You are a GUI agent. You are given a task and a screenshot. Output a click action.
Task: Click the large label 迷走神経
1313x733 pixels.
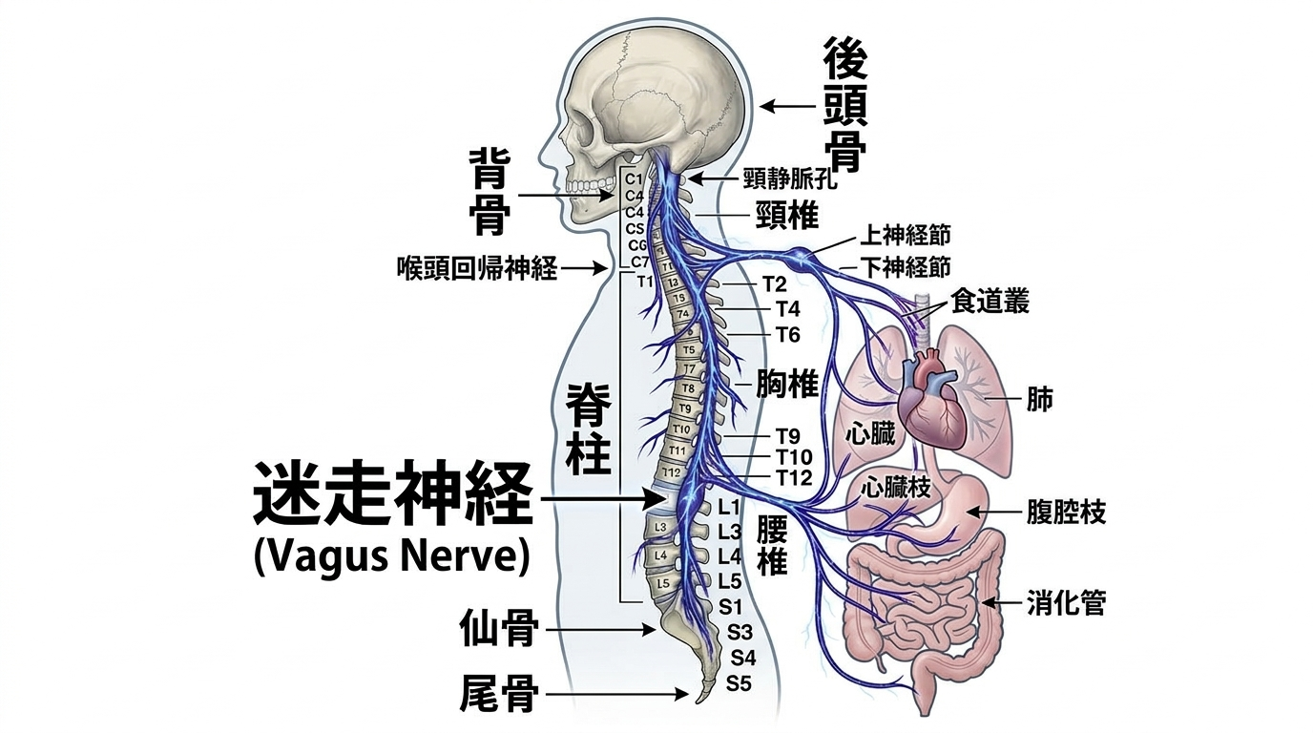(x=391, y=496)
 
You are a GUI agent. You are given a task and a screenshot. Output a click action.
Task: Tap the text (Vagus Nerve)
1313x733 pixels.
(x=391, y=557)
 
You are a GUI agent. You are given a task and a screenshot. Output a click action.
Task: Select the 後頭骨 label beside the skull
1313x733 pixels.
(x=845, y=107)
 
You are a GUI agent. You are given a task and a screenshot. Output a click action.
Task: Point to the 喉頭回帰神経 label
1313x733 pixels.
(x=476, y=268)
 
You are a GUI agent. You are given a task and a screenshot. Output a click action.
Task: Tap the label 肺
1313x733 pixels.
(x=1040, y=398)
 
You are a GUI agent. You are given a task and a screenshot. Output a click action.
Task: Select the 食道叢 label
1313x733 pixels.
(x=990, y=303)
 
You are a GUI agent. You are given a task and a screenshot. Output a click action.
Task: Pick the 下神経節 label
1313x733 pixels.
(x=906, y=266)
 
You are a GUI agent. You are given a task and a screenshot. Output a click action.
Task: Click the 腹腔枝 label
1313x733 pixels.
(x=1066, y=513)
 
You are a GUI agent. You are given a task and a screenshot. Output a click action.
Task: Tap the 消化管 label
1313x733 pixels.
(x=1066, y=603)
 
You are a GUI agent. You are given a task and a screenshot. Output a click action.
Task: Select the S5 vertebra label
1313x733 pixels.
(x=740, y=683)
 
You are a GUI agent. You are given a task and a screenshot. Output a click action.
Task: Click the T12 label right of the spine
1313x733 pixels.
(x=793, y=477)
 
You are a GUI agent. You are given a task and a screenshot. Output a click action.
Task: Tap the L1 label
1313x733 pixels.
(x=729, y=509)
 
